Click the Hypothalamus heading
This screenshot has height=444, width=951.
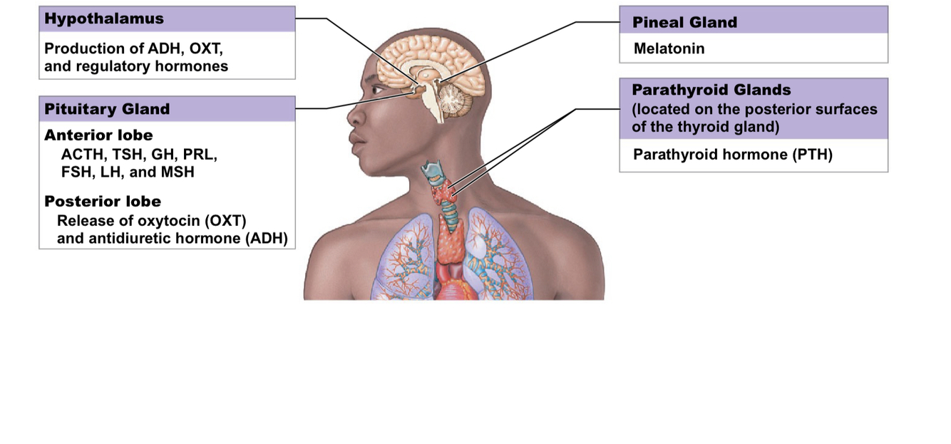point(104,19)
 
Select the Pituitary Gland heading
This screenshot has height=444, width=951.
point(107,109)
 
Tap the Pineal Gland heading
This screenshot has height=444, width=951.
point(684,23)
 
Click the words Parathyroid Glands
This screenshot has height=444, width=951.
point(711,91)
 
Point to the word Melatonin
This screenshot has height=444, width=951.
point(669,49)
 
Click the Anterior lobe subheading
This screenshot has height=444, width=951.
point(98,135)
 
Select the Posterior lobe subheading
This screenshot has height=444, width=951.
point(103,201)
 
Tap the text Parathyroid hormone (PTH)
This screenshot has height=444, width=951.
point(733,155)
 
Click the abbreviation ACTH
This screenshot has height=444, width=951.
point(79,154)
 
